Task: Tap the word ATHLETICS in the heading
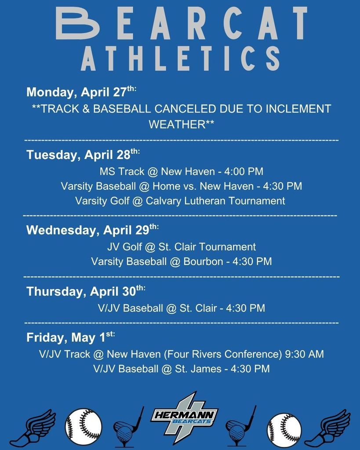tap(180, 59)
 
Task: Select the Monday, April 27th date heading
tap(81, 92)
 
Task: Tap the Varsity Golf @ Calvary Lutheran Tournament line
tap(180, 201)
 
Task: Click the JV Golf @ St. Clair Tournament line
tap(181, 247)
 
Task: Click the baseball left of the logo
tap(83, 427)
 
